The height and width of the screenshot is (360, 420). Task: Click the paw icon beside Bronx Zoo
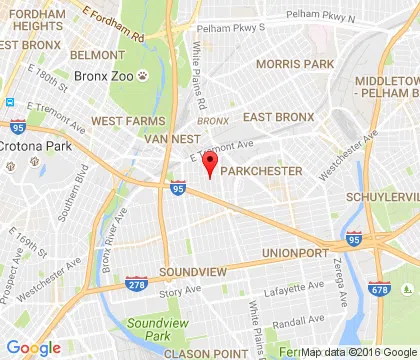click(145, 74)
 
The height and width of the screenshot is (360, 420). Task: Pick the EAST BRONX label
click(280, 117)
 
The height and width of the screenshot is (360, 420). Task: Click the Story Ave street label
click(179, 292)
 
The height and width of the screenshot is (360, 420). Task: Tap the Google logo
click(33, 347)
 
